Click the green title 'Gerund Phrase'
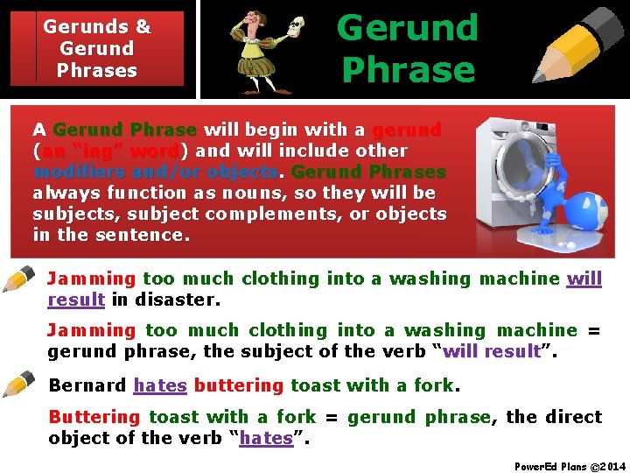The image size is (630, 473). (408, 48)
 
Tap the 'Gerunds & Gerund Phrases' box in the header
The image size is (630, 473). (96, 48)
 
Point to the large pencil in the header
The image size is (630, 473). (578, 44)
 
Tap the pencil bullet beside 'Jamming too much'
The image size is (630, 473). (19, 280)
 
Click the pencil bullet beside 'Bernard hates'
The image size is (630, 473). (19, 385)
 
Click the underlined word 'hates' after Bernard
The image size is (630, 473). (160, 385)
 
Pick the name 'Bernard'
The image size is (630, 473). (87, 385)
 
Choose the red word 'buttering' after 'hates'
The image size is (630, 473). (239, 385)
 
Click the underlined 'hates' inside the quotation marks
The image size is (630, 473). (266, 438)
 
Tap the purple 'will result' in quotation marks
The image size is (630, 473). (492, 351)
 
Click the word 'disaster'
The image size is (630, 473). (175, 300)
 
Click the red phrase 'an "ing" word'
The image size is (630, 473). (108, 151)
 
